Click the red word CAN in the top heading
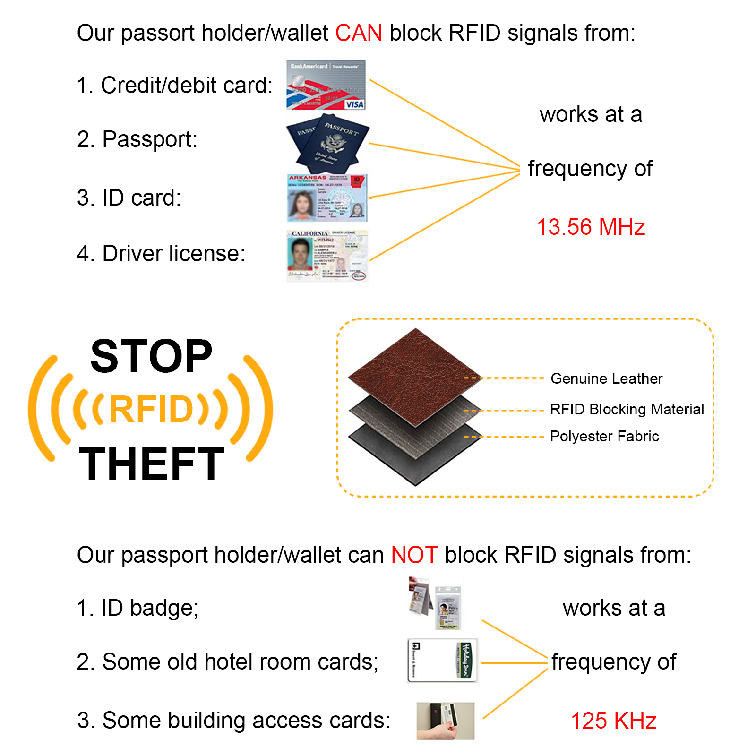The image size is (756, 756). [x=358, y=33]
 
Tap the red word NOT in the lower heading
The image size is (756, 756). [x=414, y=555]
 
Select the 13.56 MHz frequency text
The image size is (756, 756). [x=591, y=227]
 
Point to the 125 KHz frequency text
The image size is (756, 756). [x=613, y=721]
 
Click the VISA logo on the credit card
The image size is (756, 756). [x=354, y=104]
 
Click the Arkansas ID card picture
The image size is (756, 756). [x=326, y=198]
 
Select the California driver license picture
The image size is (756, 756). [x=327, y=256]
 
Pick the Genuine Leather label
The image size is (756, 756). [x=606, y=378]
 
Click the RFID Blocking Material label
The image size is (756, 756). [x=627, y=409]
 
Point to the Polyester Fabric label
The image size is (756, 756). [x=604, y=436]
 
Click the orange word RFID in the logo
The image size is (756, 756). [x=151, y=409]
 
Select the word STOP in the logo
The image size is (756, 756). [x=151, y=357]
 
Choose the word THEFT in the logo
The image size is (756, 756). [x=151, y=464]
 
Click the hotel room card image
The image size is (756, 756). [x=442, y=661]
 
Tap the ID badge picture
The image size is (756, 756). [x=436, y=603]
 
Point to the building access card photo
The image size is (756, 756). [x=445, y=721]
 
